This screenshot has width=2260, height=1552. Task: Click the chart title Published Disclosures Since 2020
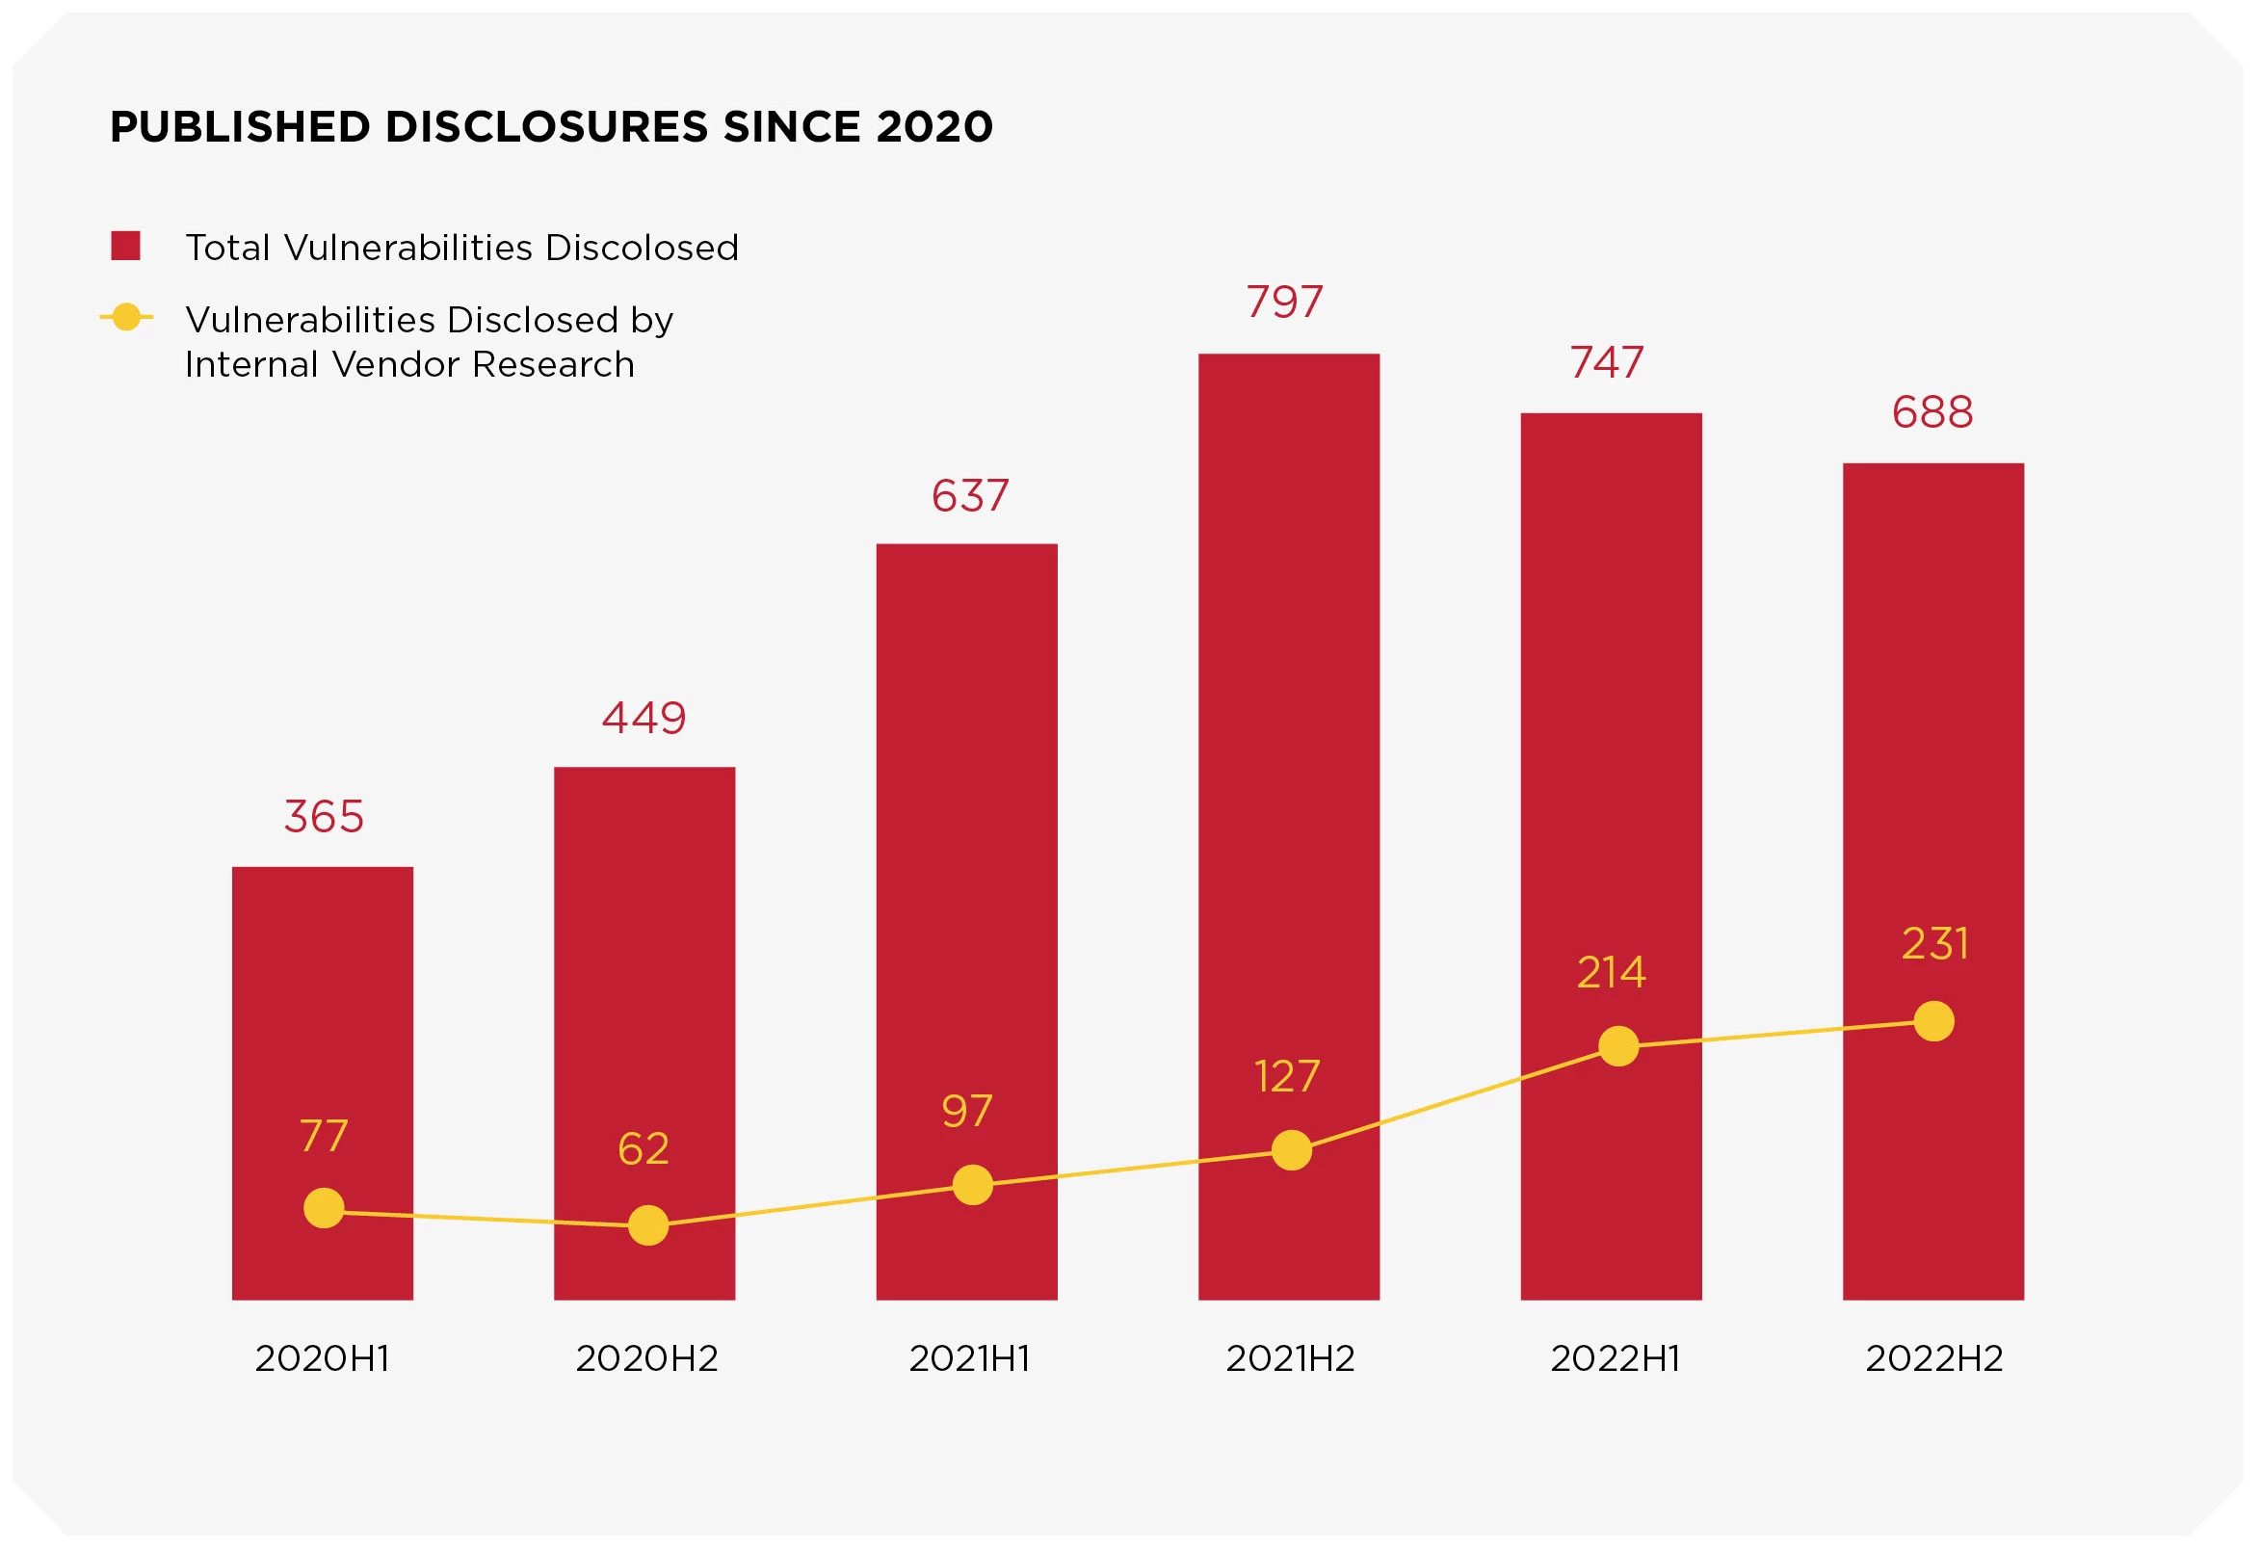pos(550,127)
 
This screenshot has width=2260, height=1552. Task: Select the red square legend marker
pos(125,246)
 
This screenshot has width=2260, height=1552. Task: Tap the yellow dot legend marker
pos(126,317)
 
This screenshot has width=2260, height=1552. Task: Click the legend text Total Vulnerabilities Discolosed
pos(461,248)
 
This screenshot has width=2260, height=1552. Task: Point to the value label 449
pos(644,719)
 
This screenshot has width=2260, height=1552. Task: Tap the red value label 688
pos(1932,412)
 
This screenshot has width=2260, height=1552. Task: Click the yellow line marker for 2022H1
pos(1618,1046)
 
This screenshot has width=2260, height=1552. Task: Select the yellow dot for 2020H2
pos(647,1225)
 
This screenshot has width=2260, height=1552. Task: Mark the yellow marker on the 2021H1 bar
pos(972,1184)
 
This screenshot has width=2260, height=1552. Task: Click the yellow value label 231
pos(1935,944)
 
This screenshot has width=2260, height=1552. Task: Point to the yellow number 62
pos(643,1149)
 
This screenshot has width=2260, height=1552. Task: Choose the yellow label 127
pos(1287,1076)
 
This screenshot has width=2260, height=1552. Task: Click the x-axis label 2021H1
pos(968,1358)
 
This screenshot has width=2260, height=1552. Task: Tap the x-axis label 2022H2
pos(1934,1358)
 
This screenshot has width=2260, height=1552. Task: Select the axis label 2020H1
pos(322,1358)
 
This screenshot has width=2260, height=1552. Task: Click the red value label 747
pos(1607,363)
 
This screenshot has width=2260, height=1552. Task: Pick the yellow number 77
pos(324,1136)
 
